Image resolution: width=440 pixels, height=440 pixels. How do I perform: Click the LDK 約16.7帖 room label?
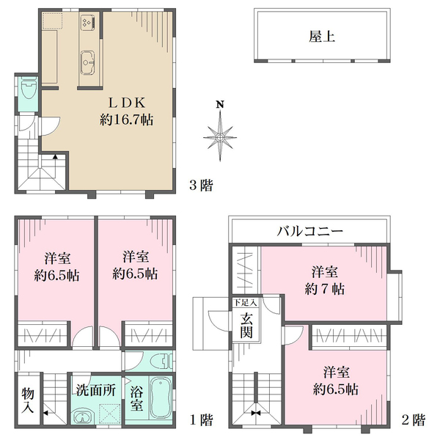click(x=127, y=111)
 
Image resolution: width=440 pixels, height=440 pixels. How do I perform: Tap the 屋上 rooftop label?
click(x=322, y=37)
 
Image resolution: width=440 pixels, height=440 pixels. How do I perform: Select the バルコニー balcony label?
click(x=309, y=231)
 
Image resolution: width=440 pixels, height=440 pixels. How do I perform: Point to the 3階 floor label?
click(x=201, y=186)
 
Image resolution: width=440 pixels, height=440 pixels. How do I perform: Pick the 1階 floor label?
click(x=202, y=419)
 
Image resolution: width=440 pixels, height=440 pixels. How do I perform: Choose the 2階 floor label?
click(x=414, y=419)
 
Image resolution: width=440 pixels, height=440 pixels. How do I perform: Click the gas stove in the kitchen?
click(x=89, y=22)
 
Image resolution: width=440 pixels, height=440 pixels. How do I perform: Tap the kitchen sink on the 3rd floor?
click(x=87, y=62)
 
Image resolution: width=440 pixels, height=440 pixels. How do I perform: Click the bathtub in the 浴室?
click(x=160, y=400)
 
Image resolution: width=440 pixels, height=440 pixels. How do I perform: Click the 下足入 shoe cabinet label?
click(x=245, y=302)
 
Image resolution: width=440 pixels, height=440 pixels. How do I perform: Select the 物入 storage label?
click(x=28, y=400)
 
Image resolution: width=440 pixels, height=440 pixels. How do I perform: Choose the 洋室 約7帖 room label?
click(x=324, y=280)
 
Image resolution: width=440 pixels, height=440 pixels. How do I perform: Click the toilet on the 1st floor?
click(x=161, y=361)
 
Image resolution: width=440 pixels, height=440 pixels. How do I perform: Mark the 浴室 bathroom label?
click(x=136, y=398)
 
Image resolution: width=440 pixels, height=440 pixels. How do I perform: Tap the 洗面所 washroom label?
click(x=95, y=390)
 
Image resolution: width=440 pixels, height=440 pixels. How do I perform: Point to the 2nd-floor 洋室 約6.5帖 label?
click(x=336, y=381)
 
